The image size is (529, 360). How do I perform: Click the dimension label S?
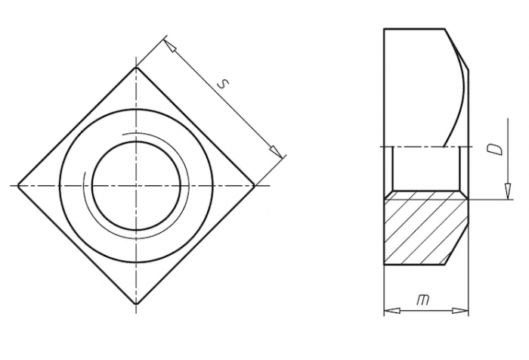pos(223,84)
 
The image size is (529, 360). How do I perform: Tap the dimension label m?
pos(423,299)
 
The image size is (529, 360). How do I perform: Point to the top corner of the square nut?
pos(136,67)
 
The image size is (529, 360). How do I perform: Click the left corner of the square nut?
pos(18,185)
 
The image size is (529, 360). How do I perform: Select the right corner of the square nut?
pos(254,185)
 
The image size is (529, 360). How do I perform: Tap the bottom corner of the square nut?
pos(136,303)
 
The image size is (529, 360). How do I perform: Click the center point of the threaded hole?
pos(136,185)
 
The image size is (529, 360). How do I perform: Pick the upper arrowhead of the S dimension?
pos(170,46)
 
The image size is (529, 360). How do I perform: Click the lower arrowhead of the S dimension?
pos(276,152)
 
